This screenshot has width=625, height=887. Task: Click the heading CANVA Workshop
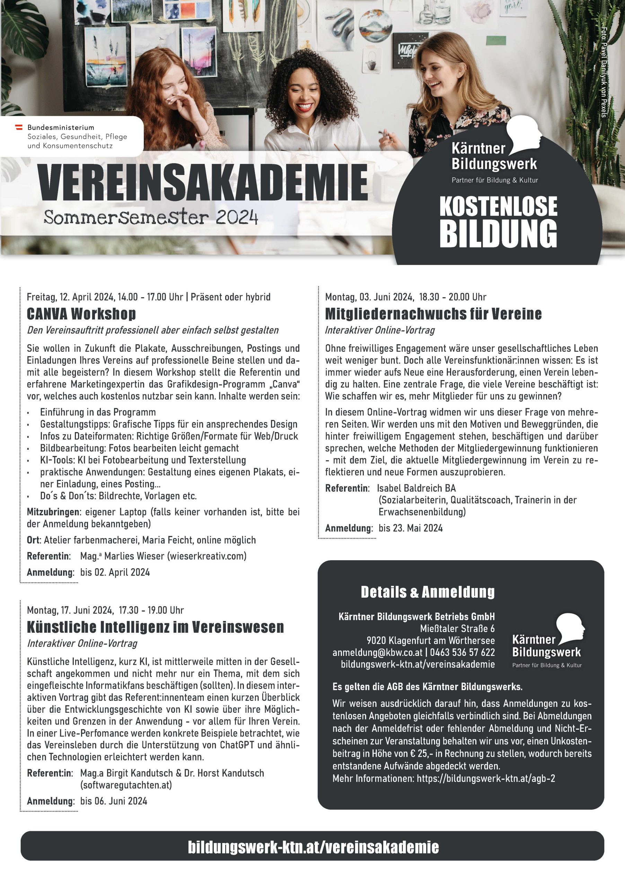pos(81,314)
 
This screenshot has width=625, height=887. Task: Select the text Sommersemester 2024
pos(150,218)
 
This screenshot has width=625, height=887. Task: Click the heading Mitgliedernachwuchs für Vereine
pos(433,314)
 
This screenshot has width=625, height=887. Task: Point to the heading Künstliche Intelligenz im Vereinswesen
pos(155,627)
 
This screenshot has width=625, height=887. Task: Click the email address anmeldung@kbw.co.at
pos(377,652)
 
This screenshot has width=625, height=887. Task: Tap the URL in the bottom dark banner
pos(313,847)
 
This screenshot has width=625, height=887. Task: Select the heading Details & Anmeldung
pos(427,592)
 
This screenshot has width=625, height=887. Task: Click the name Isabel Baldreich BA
pos(416,488)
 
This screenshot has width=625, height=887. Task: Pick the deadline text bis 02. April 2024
pos(115,572)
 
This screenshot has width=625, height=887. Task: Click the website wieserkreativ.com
pos(207,556)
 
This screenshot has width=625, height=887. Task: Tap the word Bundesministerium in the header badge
pos(61,128)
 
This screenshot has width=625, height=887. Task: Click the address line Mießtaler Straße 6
pos(457,629)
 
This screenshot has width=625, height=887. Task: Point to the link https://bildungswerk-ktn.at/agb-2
pos(486,779)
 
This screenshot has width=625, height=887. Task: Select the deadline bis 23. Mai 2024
pos(410,528)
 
